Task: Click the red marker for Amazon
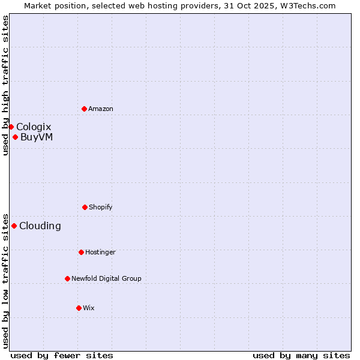[x=84, y=109]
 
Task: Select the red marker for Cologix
[x=11, y=127]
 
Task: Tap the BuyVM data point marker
[x=15, y=137]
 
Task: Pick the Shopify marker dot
[x=85, y=207]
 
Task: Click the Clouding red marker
[x=14, y=226]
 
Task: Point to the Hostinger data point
[x=81, y=252]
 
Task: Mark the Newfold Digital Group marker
[x=67, y=278]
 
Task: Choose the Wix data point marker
[x=79, y=308]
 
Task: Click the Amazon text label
[x=101, y=109]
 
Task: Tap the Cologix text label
[x=34, y=127]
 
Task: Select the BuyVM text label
[x=37, y=137]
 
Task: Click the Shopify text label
[x=101, y=207]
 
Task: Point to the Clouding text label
[x=40, y=226]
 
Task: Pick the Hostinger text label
[x=100, y=252]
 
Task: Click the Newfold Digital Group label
[x=107, y=278]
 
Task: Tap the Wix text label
[x=89, y=308]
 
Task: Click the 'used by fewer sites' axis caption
[x=62, y=355]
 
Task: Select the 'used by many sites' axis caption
[x=301, y=355]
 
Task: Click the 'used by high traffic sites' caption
[x=5, y=85]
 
